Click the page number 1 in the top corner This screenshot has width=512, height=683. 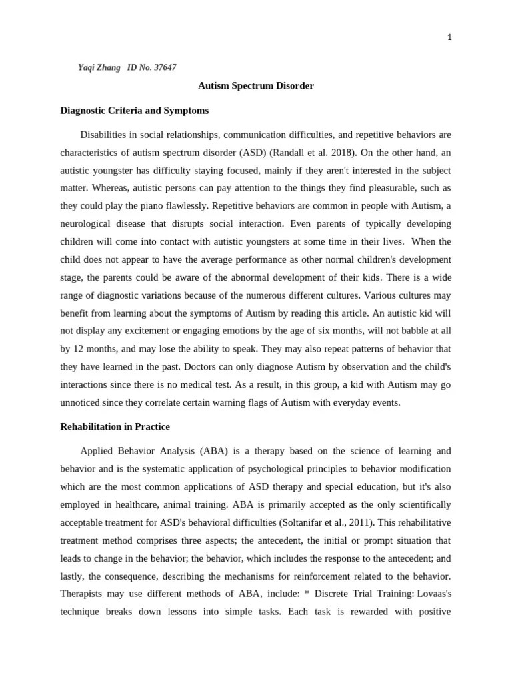pos(449,37)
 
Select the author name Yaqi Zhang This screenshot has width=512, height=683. pos(99,67)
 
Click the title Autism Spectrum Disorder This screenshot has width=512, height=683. pos(256,86)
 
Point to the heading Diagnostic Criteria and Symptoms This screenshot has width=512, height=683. pos(134,111)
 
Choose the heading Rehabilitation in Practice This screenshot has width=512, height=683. pos(115,426)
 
